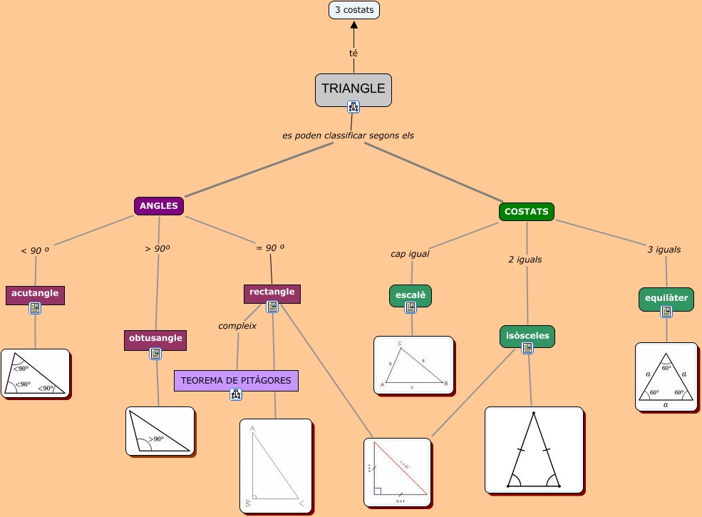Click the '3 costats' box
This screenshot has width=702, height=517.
(x=354, y=10)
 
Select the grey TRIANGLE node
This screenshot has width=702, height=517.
(x=353, y=89)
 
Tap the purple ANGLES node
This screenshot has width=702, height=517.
(x=159, y=206)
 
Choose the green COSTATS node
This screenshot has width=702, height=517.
(x=527, y=212)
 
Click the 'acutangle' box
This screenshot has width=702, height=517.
(x=35, y=294)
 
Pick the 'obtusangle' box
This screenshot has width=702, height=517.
(x=155, y=339)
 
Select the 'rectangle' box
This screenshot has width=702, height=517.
(x=272, y=292)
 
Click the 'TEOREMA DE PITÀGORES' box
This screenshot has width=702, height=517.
(x=236, y=381)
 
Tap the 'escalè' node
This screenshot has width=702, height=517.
(x=411, y=295)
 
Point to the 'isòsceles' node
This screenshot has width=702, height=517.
(x=527, y=336)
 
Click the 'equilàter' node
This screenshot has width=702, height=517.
(x=666, y=299)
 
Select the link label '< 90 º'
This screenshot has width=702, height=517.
(x=35, y=250)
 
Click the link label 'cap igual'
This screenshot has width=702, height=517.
(x=410, y=253)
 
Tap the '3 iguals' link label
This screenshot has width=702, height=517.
(x=664, y=250)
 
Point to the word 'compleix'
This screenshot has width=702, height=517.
(x=237, y=325)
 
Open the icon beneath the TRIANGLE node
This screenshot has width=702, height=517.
(x=353, y=107)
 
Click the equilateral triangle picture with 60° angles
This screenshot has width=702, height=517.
(x=666, y=377)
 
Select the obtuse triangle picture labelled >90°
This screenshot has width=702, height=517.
(x=160, y=431)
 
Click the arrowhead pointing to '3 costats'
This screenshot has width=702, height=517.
(x=354, y=26)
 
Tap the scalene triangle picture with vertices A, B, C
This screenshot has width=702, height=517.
(x=413, y=365)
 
